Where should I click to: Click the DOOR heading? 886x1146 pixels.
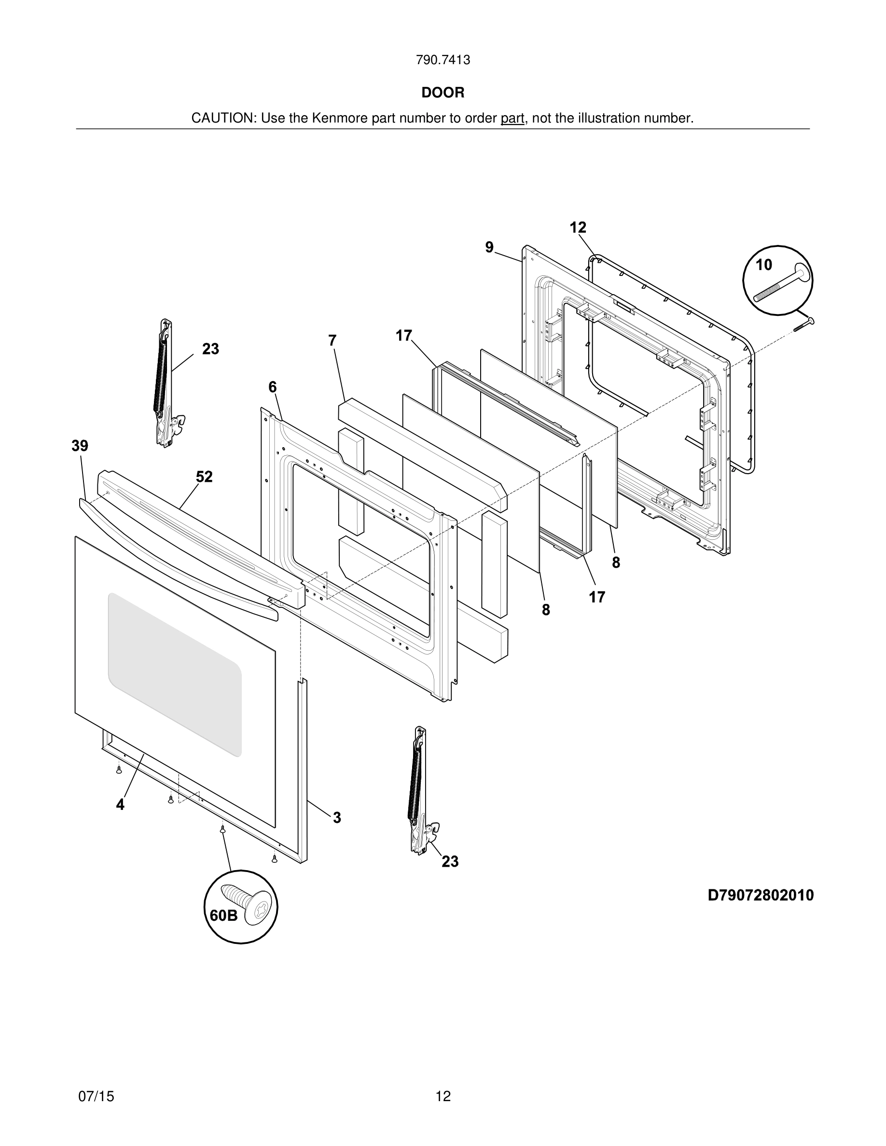(x=443, y=93)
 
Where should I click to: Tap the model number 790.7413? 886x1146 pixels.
(x=443, y=60)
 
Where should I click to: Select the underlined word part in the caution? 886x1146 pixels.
(x=512, y=119)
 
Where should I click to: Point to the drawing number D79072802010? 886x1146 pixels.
(x=761, y=895)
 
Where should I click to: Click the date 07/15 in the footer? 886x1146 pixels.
(x=96, y=1096)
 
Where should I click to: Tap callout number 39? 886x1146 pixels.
(x=80, y=446)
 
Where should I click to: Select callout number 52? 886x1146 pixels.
(x=204, y=477)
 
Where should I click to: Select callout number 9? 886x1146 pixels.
(x=489, y=247)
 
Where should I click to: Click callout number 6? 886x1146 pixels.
(x=273, y=387)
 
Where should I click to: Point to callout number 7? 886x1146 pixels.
(x=332, y=341)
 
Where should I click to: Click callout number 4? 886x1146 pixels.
(x=120, y=805)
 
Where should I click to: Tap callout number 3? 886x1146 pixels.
(x=336, y=818)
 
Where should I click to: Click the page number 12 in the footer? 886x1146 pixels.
(x=443, y=1096)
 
